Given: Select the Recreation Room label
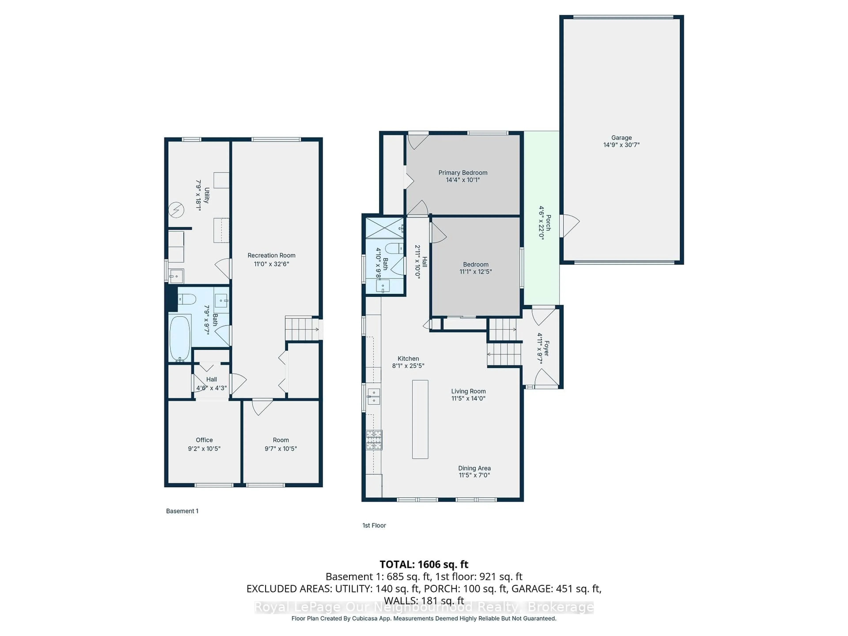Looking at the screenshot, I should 271,255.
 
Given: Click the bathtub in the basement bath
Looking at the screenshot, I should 180,338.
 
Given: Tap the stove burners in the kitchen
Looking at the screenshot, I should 374,440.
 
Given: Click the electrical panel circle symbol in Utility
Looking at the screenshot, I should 176,210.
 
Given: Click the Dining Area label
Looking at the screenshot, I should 474,468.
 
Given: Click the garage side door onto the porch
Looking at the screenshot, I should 569,226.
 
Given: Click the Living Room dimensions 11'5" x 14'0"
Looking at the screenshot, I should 468,399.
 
